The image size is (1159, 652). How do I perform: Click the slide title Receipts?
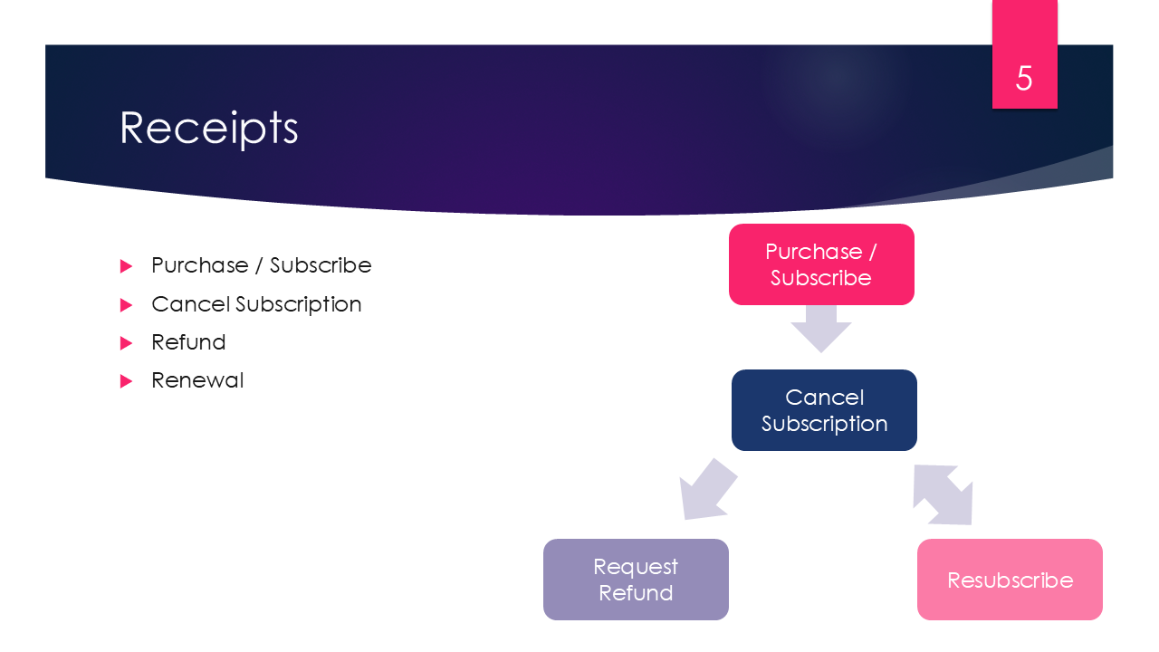209,128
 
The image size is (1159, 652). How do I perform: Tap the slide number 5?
1024,79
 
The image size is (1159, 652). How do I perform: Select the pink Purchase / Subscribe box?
821,264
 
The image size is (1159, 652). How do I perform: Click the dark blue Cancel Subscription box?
824,410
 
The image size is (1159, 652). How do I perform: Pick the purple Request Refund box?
636,580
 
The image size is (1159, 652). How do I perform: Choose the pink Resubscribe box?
1010,580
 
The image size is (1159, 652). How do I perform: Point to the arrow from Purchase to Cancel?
821,328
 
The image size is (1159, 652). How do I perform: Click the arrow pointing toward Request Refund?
705,491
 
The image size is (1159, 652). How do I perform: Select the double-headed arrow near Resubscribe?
943,494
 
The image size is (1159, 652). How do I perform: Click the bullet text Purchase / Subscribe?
261,265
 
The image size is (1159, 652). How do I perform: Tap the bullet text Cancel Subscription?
256,304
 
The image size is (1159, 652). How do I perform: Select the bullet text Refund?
188,342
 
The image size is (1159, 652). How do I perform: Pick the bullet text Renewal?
197,380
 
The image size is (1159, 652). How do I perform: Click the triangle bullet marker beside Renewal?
126,381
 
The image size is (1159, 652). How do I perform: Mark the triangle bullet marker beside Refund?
126,343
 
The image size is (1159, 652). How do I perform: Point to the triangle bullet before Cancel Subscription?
126,305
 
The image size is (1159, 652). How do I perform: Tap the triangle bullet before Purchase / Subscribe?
126,266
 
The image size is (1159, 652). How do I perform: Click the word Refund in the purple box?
636,593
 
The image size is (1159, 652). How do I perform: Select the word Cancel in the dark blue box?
824,398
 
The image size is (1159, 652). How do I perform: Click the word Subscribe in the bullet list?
321,265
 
